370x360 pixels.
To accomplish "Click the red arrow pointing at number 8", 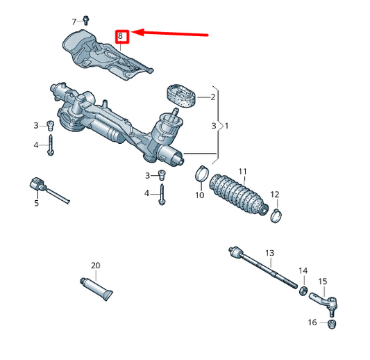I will point(174,32).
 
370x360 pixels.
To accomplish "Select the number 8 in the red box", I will point(121,35).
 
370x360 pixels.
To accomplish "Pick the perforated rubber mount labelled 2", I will point(178,96).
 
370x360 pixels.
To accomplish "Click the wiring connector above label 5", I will point(39,186).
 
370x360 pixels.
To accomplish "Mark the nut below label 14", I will point(303,286).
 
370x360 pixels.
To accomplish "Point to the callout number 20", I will point(96,265).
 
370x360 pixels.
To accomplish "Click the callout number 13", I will point(270,252).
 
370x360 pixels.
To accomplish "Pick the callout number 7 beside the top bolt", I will point(74,22).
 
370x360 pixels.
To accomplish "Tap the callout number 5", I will point(37,204).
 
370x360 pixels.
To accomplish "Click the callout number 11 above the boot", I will point(242,171).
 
